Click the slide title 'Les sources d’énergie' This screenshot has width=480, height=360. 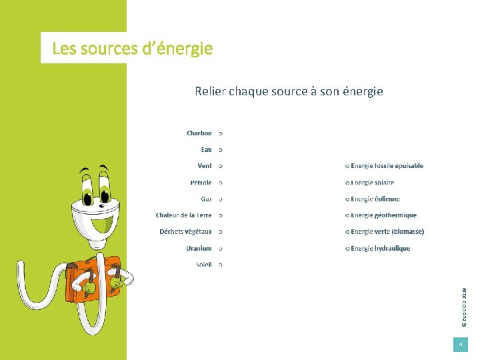(x=132, y=49)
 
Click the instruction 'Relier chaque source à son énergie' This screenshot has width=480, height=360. (x=289, y=91)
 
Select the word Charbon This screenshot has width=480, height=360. (x=199, y=133)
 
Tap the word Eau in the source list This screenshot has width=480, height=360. (x=206, y=150)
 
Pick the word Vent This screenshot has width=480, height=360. (x=205, y=166)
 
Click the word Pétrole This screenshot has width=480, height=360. (x=201, y=183)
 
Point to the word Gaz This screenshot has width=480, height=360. (x=206, y=199)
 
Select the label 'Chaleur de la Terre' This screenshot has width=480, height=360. (x=184, y=215)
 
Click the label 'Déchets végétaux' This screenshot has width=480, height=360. (x=185, y=232)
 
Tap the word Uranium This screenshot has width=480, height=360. (x=199, y=249)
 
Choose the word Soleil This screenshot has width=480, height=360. (x=203, y=265)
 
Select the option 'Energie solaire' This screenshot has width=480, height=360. (x=372, y=183)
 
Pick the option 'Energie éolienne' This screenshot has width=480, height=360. (x=375, y=199)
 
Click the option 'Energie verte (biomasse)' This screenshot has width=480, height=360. (x=387, y=232)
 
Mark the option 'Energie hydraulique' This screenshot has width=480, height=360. (x=380, y=249)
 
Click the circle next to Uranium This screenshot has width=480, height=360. (x=221, y=249)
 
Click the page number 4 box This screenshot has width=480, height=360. (x=460, y=344)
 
